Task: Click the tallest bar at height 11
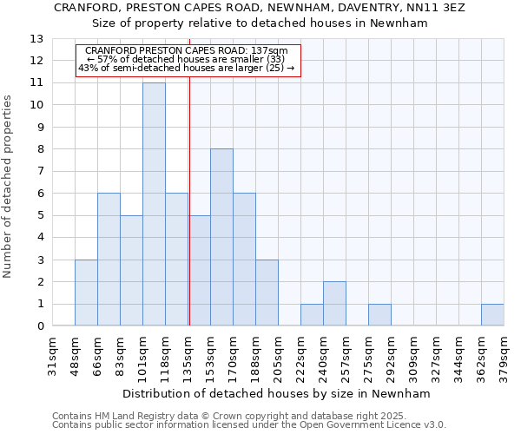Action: point(154,204)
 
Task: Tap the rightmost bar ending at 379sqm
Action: point(492,315)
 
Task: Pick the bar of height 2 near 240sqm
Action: point(334,304)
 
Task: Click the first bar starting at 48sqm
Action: point(86,293)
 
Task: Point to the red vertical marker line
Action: point(189,200)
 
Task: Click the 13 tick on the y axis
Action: point(36,39)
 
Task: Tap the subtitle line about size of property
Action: point(260,23)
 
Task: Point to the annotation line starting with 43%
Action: point(187,68)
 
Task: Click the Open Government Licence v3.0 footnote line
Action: point(249,425)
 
